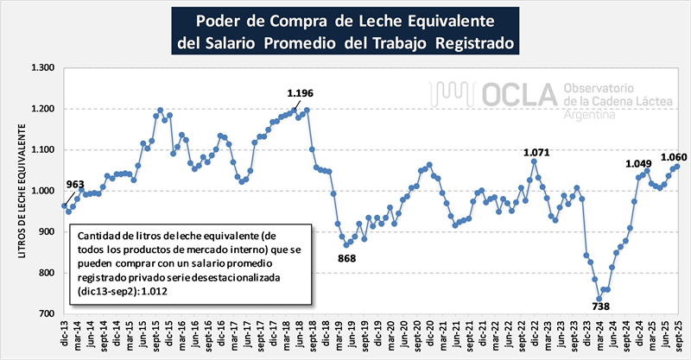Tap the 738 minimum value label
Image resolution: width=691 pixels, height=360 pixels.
click(600, 306)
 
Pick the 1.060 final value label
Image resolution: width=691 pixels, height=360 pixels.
click(673, 156)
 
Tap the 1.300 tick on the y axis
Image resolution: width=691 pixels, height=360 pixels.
click(41, 68)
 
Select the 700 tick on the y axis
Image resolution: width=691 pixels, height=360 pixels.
click(46, 313)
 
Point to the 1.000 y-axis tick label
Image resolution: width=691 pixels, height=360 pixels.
click(41, 190)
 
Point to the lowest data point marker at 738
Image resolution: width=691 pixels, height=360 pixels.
click(599, 299)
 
